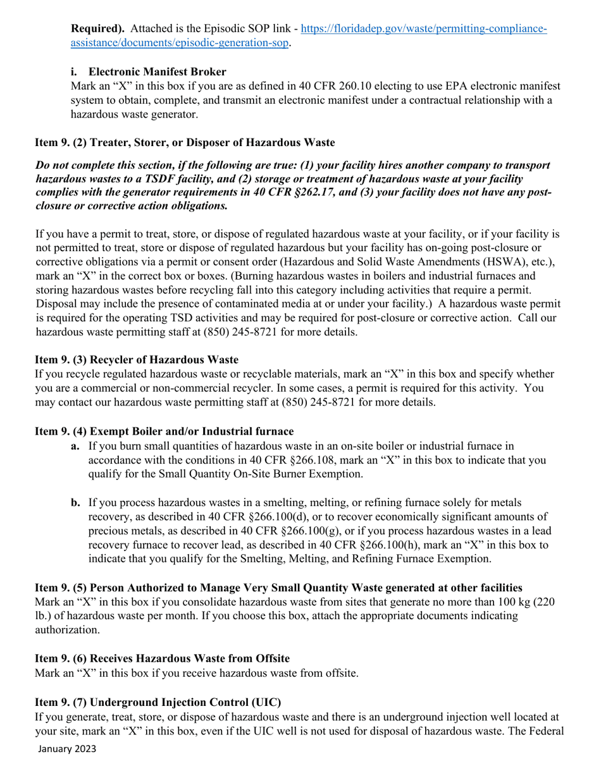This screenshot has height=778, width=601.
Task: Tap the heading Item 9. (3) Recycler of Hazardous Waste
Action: pos(136,360)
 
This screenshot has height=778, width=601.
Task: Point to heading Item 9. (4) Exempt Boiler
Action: pos(164,431)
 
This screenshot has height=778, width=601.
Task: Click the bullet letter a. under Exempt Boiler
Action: pos(75,446)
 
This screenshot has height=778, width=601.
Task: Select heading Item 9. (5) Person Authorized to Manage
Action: pos(278,588)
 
